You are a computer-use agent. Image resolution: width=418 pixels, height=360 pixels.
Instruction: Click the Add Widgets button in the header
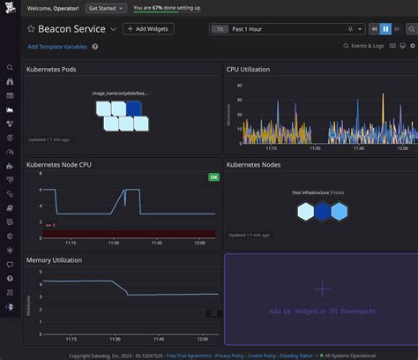[x=148, y=29]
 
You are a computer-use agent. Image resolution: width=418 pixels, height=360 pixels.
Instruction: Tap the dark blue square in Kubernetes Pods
[x=133, y=109]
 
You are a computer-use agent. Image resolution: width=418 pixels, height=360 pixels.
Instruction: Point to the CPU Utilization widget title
[x=249, y=69]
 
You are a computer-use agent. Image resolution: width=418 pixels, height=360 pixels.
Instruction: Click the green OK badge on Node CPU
[x=213, y=177]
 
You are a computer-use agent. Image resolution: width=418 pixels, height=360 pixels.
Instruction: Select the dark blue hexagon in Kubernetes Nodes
[x=322, y=211]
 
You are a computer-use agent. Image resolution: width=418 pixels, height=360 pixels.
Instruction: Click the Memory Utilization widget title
[x=56, y=260]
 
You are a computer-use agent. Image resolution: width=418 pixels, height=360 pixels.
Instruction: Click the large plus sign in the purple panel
[x=322, y=289]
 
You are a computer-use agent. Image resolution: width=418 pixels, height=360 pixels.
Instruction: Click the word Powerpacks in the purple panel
[x=357, y=311]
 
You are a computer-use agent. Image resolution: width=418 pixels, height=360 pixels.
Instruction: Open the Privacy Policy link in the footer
[x=229, y=356]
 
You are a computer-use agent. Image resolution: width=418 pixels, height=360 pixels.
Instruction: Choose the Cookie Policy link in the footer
[x=270, y=356]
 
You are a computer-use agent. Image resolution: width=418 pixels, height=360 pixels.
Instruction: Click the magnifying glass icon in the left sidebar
[x=10, y=67]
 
